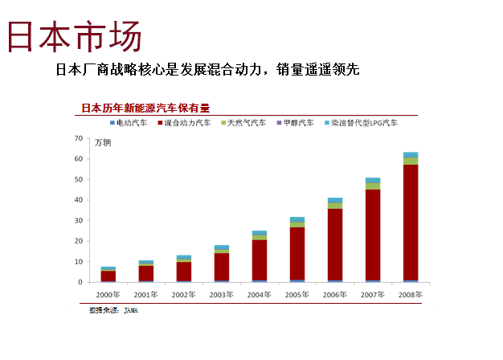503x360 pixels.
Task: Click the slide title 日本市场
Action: pos(74,38)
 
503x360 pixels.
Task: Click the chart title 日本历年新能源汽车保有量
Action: pos(145,108)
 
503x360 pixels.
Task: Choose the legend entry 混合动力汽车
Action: pos(187,123)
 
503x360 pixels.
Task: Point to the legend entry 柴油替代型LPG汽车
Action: pos(363,123)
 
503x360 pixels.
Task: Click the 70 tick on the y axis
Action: pos(78,138)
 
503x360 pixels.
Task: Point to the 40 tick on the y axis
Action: pos(78,200)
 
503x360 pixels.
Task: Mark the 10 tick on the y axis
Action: pos(78,262)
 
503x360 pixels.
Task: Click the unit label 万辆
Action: pos(103,143)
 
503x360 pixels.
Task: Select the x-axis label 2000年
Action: pos(108,295)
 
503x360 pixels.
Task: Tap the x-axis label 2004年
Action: pos(259,295)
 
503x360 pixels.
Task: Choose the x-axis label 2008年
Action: pos(410,295)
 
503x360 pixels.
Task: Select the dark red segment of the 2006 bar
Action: pos(335,244)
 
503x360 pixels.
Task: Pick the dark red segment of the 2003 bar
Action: pos(222,267)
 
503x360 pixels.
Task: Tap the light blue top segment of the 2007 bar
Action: pos(373,180)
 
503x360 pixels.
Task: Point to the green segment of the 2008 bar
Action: pos(411,161)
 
